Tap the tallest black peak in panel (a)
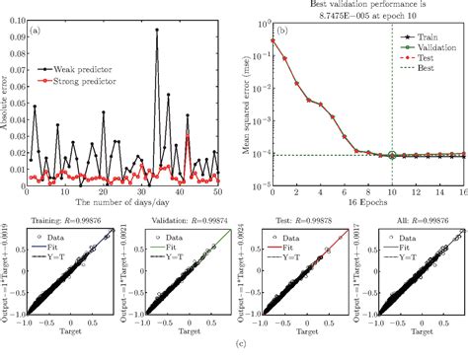(157, 30)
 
